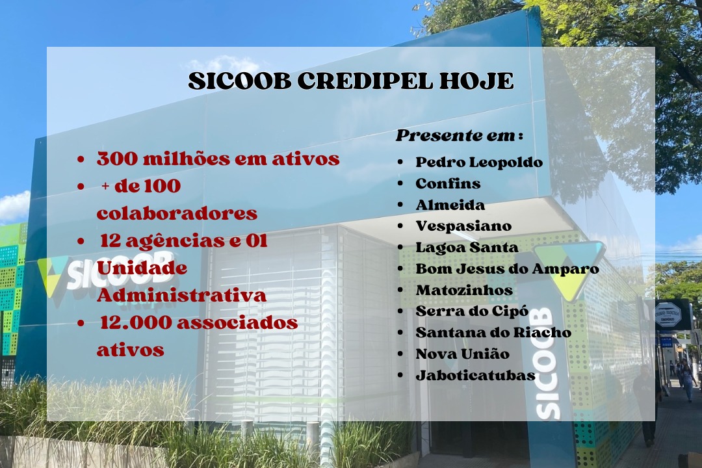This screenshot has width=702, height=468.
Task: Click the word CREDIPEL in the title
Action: (365, 81)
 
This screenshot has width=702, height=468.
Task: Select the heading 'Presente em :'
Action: (460, 136)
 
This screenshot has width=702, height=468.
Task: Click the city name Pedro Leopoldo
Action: (479, 162)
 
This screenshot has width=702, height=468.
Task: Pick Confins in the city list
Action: (448, 183)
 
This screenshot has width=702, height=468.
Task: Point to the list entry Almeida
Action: (450, 205)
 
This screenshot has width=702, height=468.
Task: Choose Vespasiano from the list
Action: (464, 226)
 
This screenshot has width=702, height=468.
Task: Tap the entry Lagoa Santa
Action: (467, 247)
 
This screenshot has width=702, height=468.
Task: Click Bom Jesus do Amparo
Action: (507, 268)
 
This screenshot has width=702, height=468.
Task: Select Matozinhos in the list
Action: (464, 290)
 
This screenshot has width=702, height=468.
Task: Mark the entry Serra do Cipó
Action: (472, 311)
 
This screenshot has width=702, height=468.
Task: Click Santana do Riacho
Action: (493, 332)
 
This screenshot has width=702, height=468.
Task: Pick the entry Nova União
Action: (463, 354)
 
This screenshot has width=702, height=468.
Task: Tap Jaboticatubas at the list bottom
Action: (475, 375)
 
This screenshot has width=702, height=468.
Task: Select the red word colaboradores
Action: (177, 213)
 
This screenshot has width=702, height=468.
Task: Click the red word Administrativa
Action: (181, 295)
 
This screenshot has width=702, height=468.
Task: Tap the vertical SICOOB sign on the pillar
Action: (547, 363)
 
